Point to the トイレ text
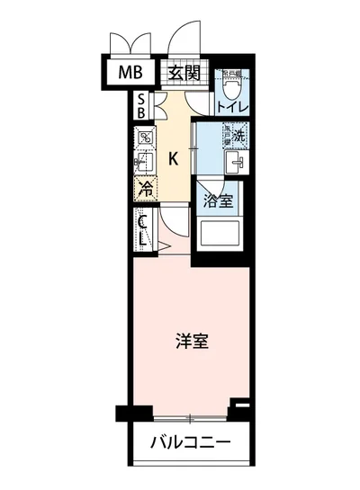pos(233,106)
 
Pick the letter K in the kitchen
pos(175,159)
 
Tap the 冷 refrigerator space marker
pos(144,188)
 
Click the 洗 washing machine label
pos(238,137)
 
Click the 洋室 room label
pos(192,342)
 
